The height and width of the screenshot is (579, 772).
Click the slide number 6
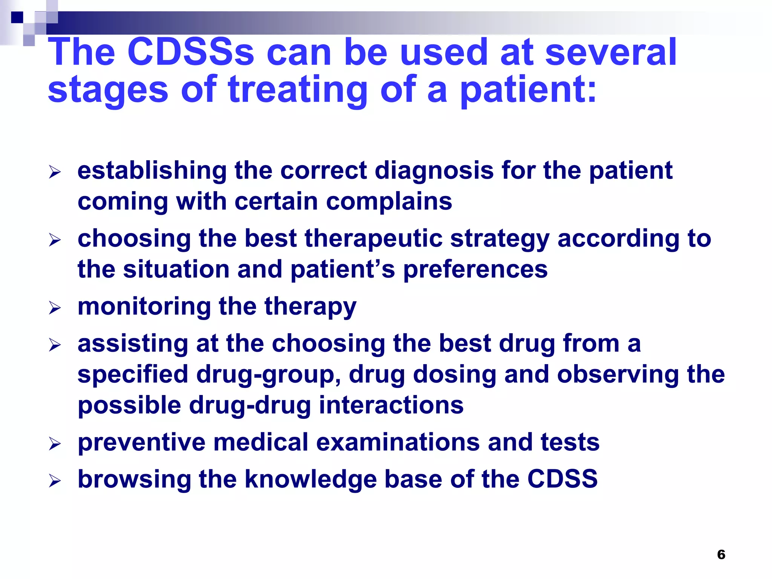(721, 554)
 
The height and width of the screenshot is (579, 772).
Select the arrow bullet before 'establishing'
(55, 173)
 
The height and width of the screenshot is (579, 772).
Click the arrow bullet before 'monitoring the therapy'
(55, 308)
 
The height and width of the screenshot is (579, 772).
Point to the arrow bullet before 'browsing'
(55, 481)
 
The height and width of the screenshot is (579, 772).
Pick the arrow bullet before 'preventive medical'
(55, 444)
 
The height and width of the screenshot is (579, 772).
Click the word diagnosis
(434, 171)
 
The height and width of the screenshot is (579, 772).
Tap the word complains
(389, 201)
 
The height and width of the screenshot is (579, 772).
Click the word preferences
(475, 270)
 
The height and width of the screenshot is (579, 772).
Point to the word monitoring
(144, 307)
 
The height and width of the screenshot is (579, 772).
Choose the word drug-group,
(269, 375)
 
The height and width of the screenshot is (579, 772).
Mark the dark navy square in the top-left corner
(17, 17)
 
